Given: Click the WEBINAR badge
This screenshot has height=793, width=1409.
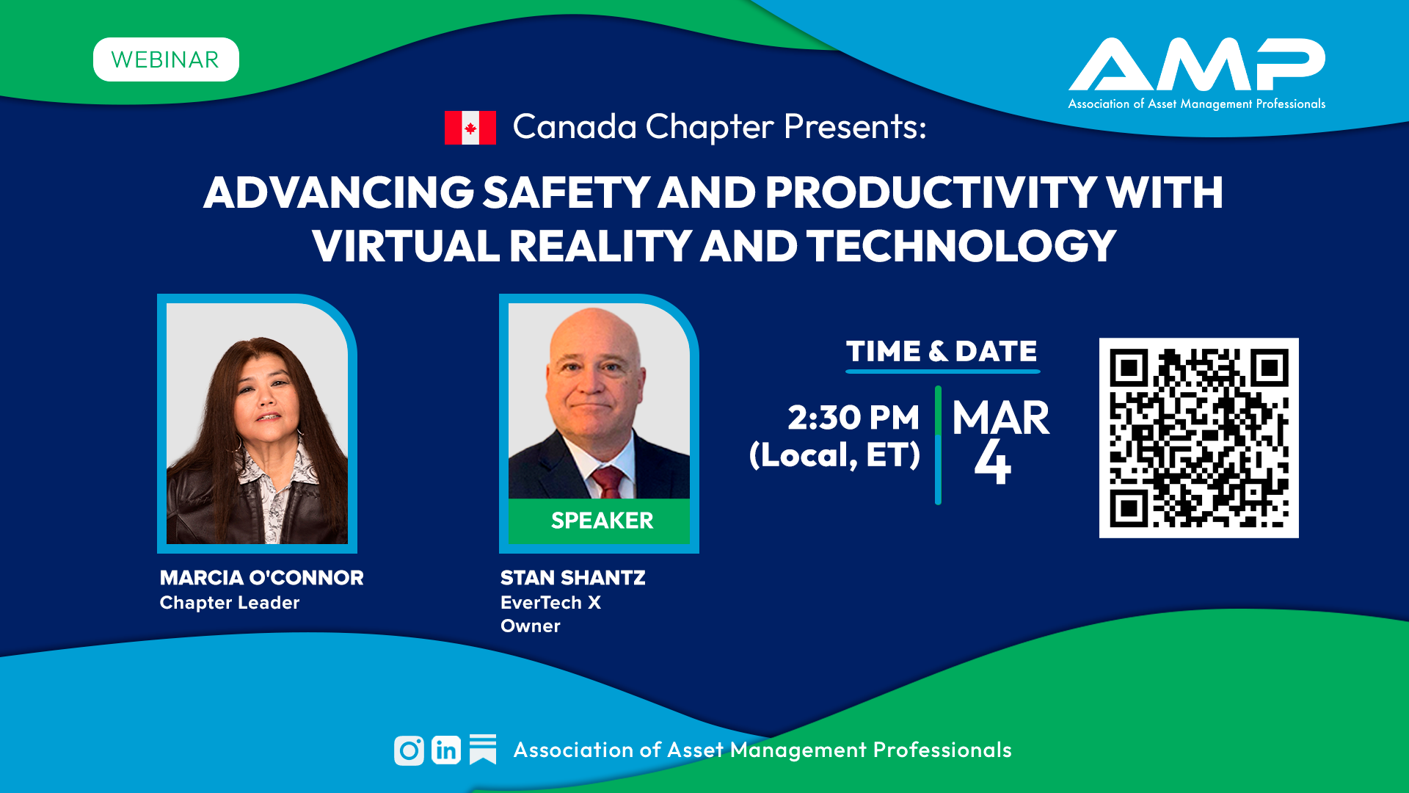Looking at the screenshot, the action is (x=166, y=59).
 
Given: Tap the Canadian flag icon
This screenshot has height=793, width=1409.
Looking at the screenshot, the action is (x=470, y=128).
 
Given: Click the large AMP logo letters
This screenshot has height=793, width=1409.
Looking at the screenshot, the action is (x=1197, y=65).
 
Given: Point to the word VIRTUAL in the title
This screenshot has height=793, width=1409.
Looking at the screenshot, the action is (x=406, y=246).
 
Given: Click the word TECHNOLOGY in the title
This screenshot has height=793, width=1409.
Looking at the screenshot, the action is (x=961, y=246).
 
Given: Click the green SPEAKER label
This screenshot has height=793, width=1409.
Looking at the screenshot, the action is (x=602, y=521).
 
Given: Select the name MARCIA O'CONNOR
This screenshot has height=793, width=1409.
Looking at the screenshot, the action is (x=262, y=578).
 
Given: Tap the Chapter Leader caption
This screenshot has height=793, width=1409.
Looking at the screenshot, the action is (x=230, y=603).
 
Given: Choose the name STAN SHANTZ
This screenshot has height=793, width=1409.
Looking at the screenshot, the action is (x=573, y=578).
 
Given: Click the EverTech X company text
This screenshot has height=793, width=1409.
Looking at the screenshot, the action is (x=551, y=603).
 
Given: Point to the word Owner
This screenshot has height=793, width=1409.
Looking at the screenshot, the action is (x=531, y=626).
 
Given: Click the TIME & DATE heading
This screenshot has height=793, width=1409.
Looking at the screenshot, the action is (x=942, y=351).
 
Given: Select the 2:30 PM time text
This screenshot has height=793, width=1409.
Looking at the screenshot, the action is (x=853, y=418).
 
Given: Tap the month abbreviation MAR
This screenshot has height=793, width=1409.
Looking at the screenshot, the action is (x=1001, y=419).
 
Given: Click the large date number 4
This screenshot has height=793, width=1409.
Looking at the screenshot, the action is (x=993, y=462).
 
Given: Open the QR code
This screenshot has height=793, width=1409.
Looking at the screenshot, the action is (x=1199, y=438).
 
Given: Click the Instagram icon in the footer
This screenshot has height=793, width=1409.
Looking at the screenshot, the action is (x=409, y=750).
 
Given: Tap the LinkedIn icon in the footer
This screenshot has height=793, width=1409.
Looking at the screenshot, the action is (x=446, y=750).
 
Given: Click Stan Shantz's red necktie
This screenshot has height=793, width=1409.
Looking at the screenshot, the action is (x=608, y=482).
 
